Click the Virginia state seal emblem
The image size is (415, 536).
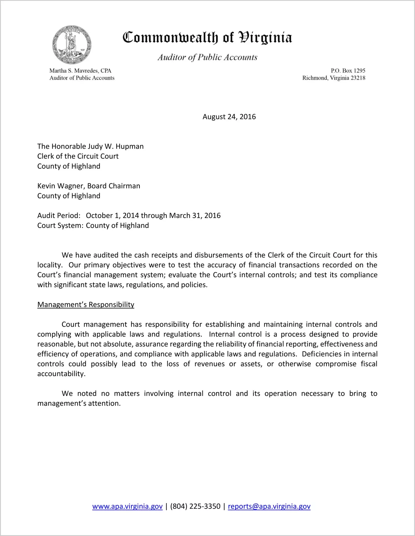(72, 45)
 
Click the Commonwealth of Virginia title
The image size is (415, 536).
(207, 38)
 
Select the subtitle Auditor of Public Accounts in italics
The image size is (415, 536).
(207, 57)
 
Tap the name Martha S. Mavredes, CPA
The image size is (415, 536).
(80, 71)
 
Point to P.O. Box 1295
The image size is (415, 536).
(348, 71)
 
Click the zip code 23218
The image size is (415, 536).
(358, 78)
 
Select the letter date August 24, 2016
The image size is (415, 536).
(229, 117)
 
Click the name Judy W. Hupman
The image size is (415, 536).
(116, 147)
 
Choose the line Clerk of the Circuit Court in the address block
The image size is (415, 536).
(78, 156)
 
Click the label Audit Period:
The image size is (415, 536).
(59, 216)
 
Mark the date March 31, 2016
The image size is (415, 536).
(195, 216)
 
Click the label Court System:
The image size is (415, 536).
(60, 226)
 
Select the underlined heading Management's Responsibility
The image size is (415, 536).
(86, 305)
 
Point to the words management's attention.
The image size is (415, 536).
(79, 404)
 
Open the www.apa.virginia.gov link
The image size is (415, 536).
(127, 507)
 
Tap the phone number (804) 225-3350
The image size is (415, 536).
(195, 507)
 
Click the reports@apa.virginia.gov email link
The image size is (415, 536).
(269, 507)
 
